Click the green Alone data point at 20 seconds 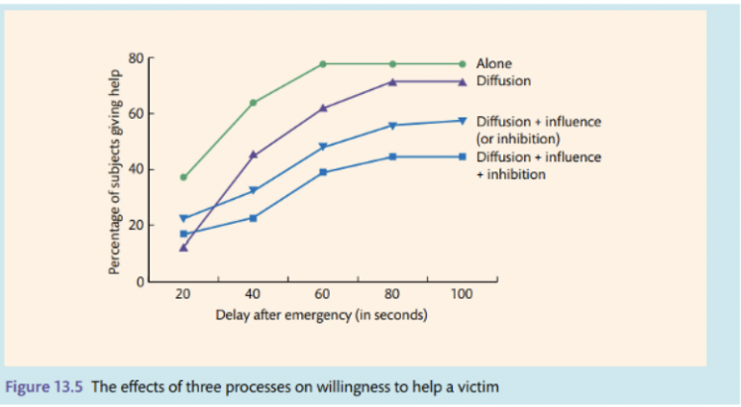[x=183, y=177]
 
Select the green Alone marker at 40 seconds [x=253, y=102]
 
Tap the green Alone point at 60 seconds [x=323, y=63]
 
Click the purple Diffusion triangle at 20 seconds [x=183, y=248]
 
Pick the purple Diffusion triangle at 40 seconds [x=253, y=154]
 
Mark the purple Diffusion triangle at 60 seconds [x=323, y=107]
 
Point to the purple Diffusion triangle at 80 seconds [x=392, y=81]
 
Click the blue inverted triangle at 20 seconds [x=183, y=218]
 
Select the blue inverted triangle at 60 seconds [x=323, y=147]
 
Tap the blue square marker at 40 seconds [x=253, y=218]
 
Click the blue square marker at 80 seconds [x=392, y=156]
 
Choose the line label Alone [x=494, y=63]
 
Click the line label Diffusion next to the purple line [x=503, y=81]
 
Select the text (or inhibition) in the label [x=519, y=138]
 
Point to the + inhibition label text [x=510, y=173]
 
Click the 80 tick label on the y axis [x=137, y=57]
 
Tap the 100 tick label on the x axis [x=462, y=294]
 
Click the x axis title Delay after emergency [x=321, y=315]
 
